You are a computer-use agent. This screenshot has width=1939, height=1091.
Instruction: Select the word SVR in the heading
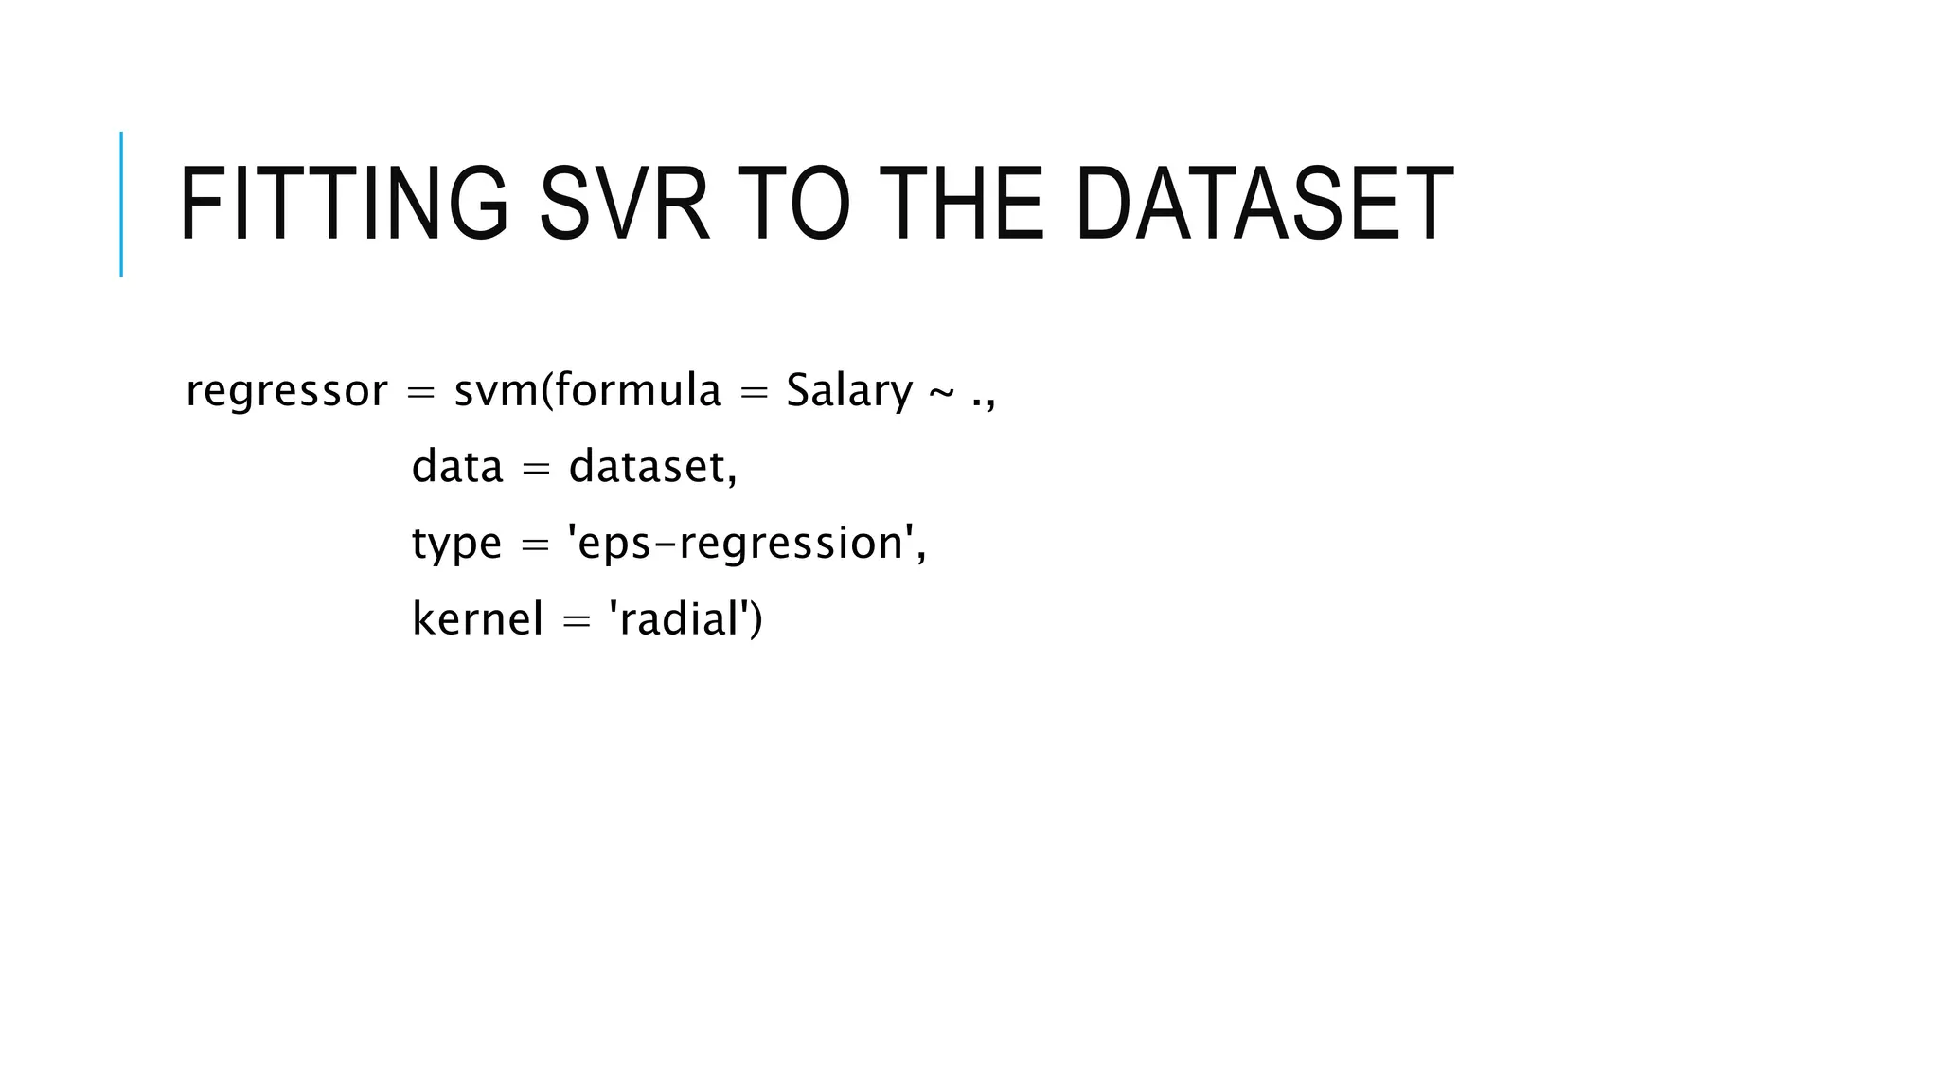click(x=624, y=205)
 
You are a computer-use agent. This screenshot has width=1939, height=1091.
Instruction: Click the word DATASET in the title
click(x=1264, y=205)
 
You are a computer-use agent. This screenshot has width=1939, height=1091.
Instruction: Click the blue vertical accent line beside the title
click(x=121, y=204)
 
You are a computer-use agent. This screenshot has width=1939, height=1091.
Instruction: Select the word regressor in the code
click(x=286, y=391)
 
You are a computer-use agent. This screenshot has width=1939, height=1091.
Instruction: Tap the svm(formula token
click(x=587, y=390)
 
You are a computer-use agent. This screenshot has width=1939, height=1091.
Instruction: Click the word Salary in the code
click(x=848, y=391)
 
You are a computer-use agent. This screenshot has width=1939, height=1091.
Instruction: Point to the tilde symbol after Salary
click(x=941, y=392)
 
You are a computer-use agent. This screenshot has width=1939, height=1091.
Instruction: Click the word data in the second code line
click(x=457, y=466)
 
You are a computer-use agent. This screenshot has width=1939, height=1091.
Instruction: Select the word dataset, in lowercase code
click(x=652, y=466)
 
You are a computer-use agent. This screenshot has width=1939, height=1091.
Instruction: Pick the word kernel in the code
click(x=477, y=618)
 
